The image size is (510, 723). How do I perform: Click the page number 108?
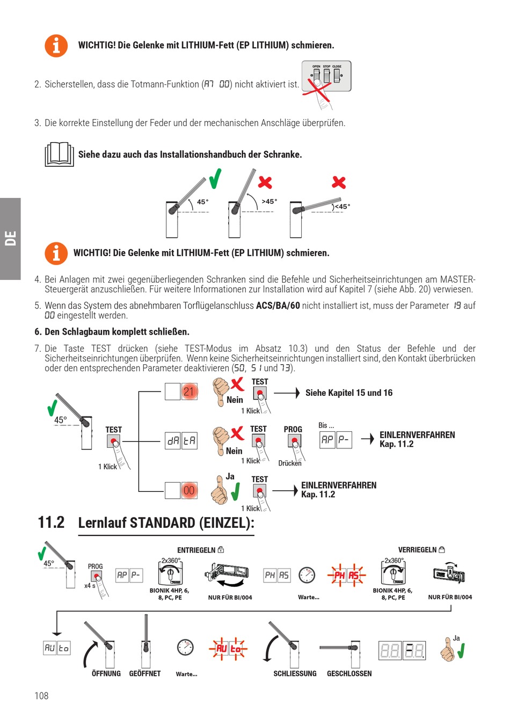41,696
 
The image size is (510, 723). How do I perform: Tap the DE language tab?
10,238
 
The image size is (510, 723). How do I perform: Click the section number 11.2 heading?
51,522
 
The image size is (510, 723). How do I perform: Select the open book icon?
59,154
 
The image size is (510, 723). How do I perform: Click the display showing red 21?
189,392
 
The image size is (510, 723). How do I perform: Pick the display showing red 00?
189,490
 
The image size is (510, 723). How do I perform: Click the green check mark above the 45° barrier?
215,179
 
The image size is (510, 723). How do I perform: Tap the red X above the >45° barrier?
265,182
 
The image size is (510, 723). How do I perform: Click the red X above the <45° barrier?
339,182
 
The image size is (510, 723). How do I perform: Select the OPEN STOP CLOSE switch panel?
326,76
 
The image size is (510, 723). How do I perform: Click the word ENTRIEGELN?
196,550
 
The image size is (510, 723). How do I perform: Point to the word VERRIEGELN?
417,550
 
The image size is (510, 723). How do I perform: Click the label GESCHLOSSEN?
349,674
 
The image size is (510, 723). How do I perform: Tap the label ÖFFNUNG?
106,674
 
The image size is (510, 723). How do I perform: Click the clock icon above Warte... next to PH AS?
307,575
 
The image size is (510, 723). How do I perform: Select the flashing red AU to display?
228,648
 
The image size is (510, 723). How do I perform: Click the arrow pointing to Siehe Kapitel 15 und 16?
287,393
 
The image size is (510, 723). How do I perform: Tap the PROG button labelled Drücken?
294,441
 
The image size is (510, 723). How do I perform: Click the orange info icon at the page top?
56,46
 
